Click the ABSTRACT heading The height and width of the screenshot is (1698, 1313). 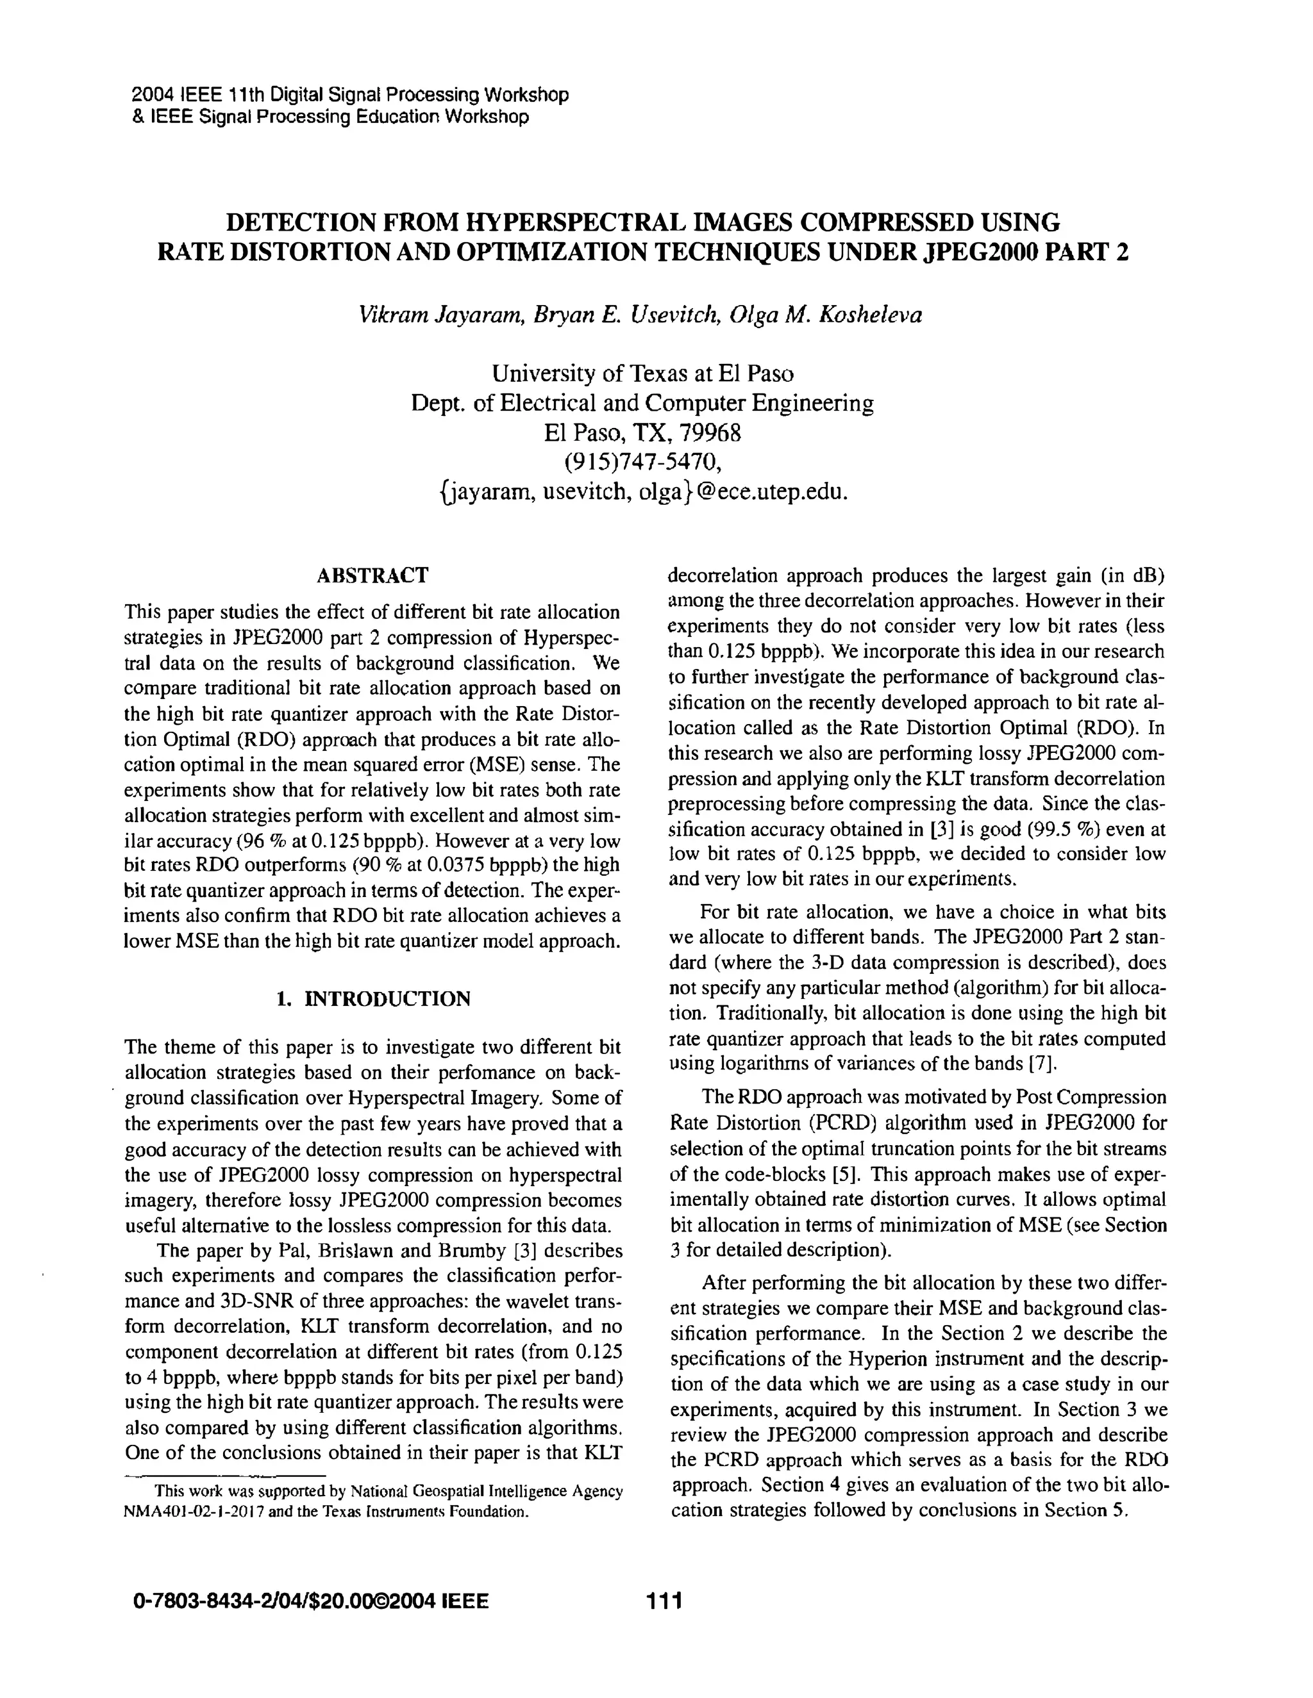tap(372, 576)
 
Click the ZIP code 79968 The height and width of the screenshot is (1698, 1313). tap(708, 433)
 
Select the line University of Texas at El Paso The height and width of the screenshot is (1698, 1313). tap(642, 374)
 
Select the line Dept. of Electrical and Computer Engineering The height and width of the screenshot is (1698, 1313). tap(642, 404)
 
